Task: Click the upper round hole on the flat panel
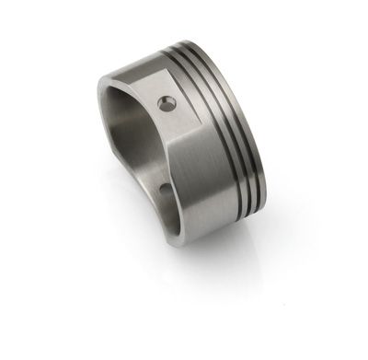point(166,103)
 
